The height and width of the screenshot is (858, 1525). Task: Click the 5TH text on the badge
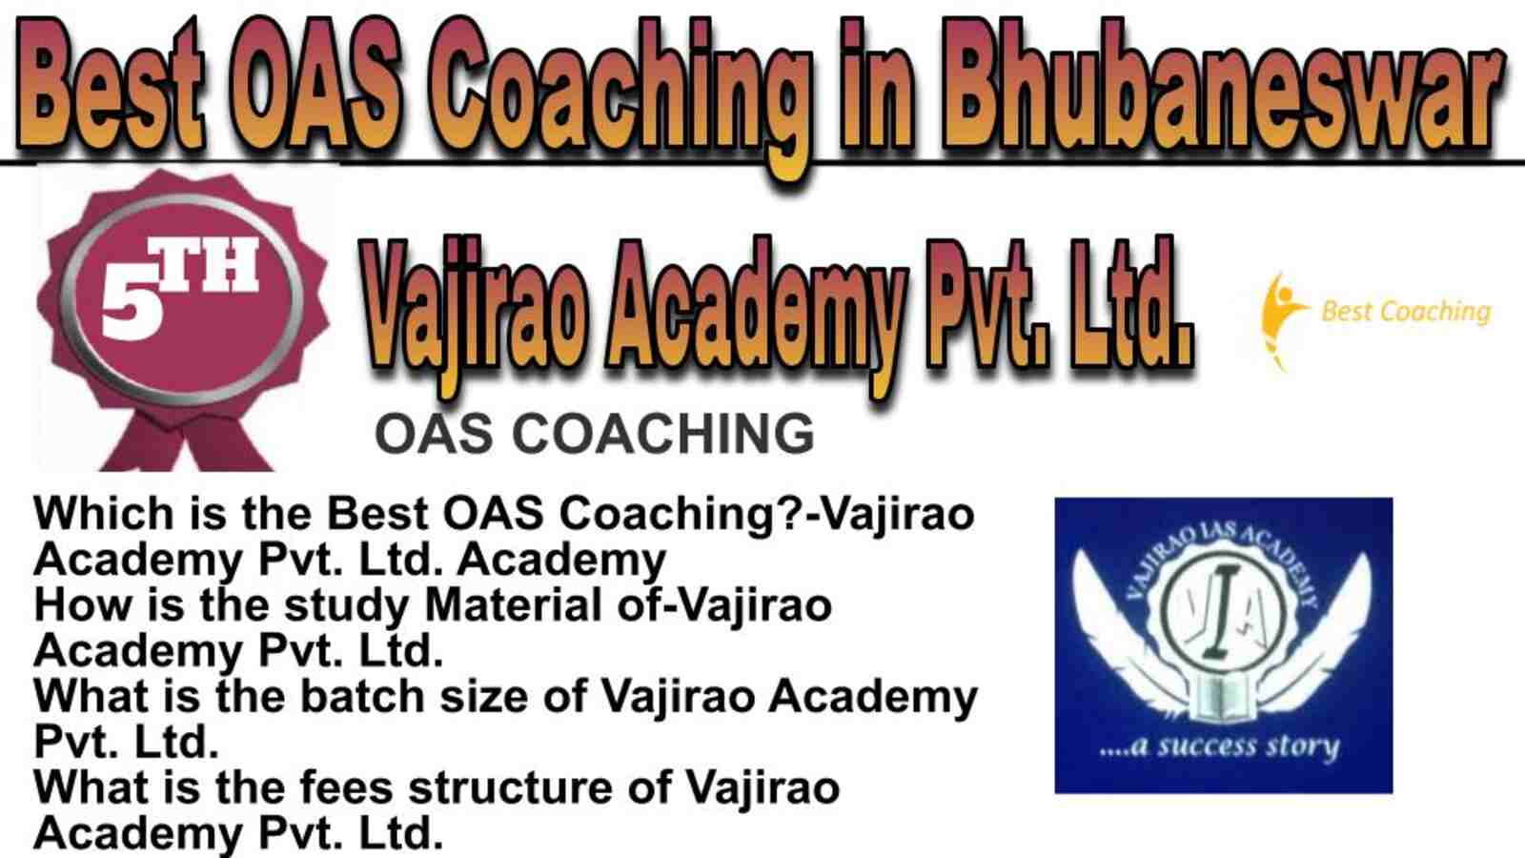pyautogui.click(x=180, y=290)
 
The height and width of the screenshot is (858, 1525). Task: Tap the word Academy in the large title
pyautogui.click(x=757, y=314)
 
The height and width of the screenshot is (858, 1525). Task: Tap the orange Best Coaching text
pyautogui.click(x=1406, y=312)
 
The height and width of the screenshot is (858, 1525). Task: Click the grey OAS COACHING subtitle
pyautogui.click(x=595, y=434)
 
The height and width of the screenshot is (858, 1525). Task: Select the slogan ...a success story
pyautogui.click(x=1219, y=746)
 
